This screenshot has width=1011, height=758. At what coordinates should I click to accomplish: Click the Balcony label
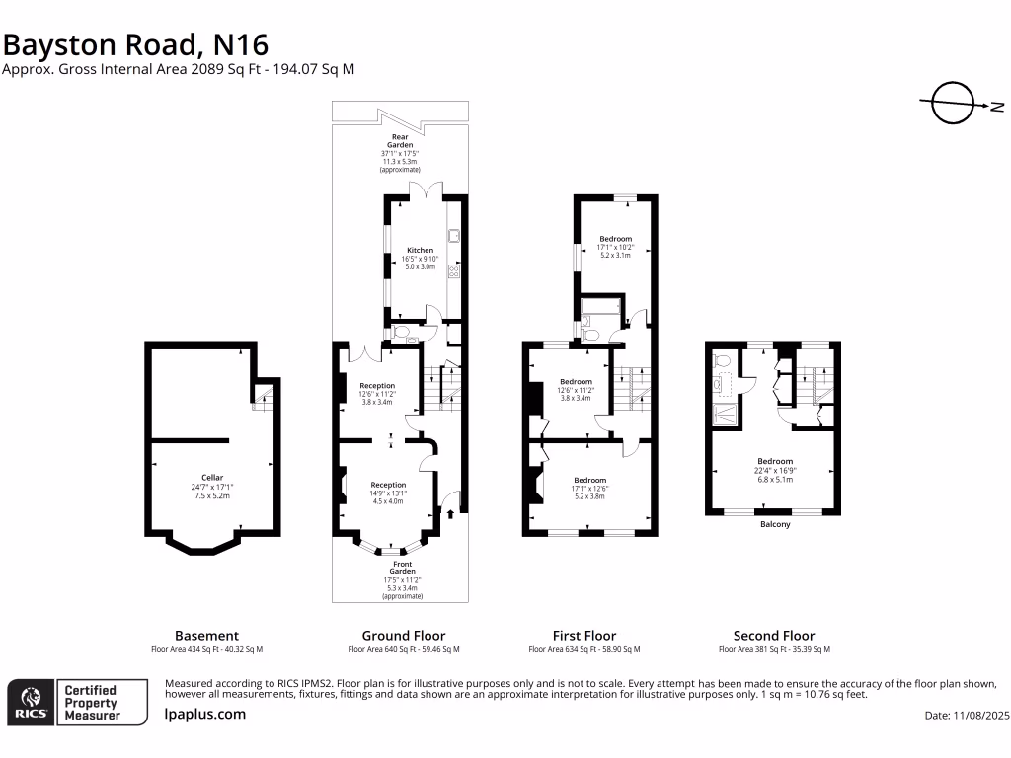[775, 524]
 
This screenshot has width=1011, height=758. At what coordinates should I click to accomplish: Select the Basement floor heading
[206, 636]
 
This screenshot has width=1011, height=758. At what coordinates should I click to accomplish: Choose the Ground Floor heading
[404, 636]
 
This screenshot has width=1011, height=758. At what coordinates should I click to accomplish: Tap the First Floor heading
[584, 636]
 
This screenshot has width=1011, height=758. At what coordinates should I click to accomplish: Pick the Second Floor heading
[774, 636]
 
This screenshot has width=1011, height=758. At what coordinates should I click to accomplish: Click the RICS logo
[30, 702]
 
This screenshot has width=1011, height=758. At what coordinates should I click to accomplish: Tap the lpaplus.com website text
[205, 714]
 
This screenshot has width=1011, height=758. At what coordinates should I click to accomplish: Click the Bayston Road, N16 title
[135, 44]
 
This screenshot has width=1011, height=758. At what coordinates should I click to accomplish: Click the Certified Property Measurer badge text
[91, 702]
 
